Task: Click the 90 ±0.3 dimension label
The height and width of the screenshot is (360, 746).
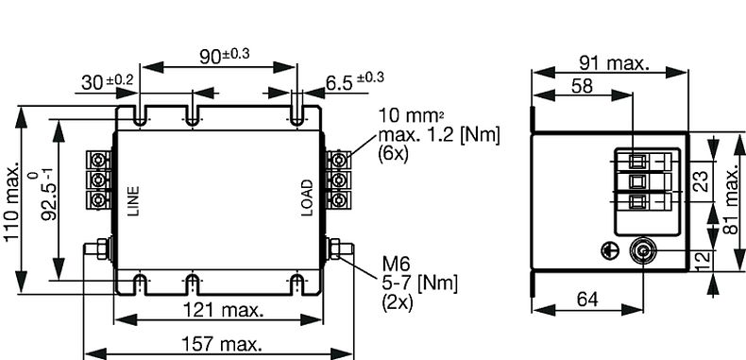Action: tap(224, 55)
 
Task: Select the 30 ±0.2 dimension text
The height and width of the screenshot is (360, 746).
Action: tap(107, 82)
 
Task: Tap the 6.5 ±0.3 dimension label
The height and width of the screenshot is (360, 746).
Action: tap(355, 81)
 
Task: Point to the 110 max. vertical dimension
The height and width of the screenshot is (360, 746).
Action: tap(12, 201)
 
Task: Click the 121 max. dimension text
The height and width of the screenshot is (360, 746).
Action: tap(223, 310)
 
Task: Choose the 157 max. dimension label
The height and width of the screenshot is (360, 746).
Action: tap(222, 343)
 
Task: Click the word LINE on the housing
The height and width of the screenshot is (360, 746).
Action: tap(134, 201)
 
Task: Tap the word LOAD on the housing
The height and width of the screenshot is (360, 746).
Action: tap(307, 197)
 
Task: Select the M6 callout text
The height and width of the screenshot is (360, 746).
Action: tap(396, 264)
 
